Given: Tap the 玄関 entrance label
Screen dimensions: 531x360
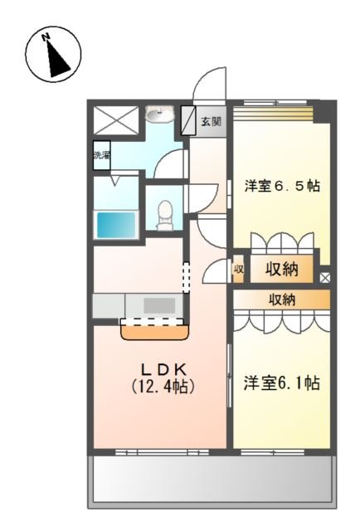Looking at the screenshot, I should pyautogui.click(x=211, y=121).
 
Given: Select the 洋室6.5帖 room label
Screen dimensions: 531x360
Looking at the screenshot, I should pyautogui.click(x=281, y=186).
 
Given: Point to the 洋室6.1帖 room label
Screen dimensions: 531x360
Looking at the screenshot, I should pyautogui.click(x=281, y=383).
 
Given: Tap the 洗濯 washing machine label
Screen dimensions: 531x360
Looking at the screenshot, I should pyautogui.click(x=101, y=155).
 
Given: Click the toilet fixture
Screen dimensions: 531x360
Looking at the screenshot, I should pyautogui.click(x=165, y=212).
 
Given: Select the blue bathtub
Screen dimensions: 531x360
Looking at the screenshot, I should pyautogui.click(x=116, y=224).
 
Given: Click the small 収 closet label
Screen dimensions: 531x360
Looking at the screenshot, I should pyautogui.click(x=238, y=268).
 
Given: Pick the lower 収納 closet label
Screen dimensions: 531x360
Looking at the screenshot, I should pyautogui.click(x=283, y=299).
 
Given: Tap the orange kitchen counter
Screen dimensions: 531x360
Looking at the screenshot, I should pyautogui.click(x=154, y=331).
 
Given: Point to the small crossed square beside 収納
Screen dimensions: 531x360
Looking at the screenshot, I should pyautogui.click(x=324, y=278).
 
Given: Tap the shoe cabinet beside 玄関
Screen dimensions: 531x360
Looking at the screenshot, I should pyautogui.click(x=188, y=121).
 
